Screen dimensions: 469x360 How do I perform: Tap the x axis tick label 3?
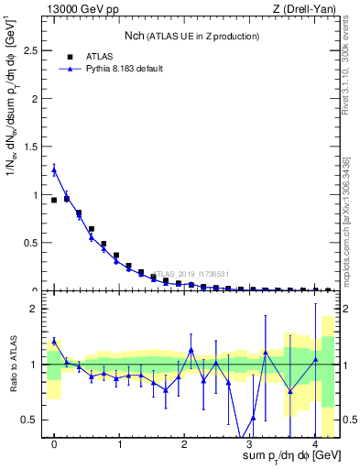click(249, 444)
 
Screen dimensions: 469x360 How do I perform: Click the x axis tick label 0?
click(54, 444)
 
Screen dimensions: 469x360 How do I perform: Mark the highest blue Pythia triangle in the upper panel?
click(54, 169)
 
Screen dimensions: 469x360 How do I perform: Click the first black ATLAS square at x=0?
click(54, 200)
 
